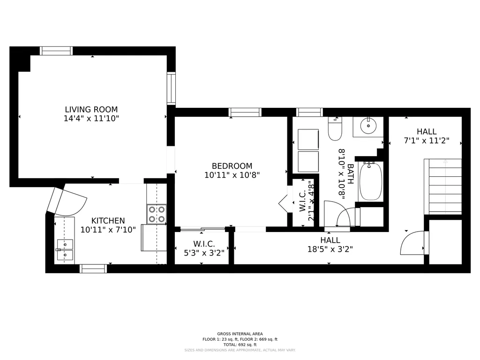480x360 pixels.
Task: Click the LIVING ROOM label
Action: click(91, 109)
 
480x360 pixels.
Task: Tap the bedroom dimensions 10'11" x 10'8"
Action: click(232, 175)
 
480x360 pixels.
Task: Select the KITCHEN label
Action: click(108, 221)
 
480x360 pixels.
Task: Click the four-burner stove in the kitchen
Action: click(157, 214)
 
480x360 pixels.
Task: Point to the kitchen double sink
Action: click(65, 249)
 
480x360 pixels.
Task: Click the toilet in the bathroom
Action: click(335, 128)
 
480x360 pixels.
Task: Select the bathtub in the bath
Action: click(370, 181)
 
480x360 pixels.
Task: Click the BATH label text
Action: click(351, 174)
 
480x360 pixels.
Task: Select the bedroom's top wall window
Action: click(245, 112)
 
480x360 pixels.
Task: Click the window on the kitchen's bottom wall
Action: click(93, 269)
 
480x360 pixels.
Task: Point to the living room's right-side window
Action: click(171, 89)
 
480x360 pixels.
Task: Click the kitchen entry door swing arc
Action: click(75, 204)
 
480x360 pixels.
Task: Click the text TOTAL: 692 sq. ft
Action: click(240, 345)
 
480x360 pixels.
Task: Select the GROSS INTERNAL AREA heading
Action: click(240, 334)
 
